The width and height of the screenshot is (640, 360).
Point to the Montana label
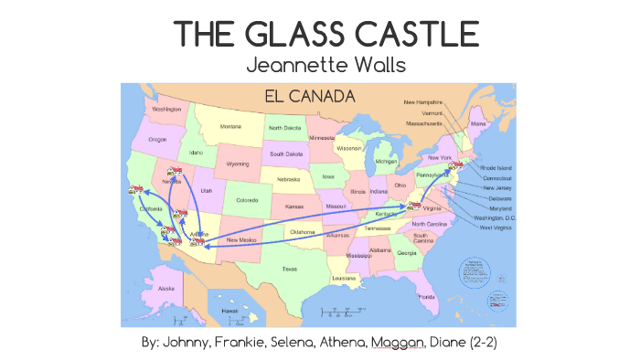230,127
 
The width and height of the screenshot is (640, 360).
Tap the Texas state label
289,269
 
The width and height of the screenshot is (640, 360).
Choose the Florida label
427,297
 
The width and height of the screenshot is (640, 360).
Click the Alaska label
166,289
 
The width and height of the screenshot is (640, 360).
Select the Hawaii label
229,311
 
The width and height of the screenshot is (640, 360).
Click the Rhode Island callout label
497,168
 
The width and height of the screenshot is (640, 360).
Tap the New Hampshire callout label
423,102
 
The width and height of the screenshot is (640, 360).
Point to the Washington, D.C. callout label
495,218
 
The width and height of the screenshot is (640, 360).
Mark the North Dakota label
285,129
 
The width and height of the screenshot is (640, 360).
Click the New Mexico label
244,239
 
